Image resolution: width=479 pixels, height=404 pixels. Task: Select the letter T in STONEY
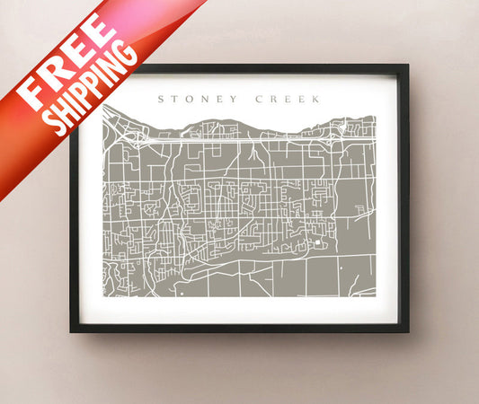point(175,100)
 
